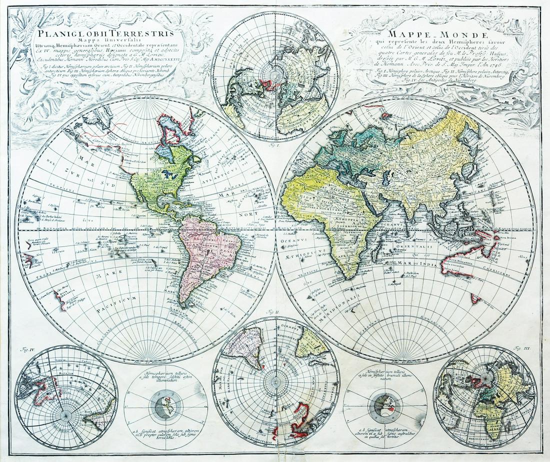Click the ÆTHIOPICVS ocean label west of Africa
[305, 253]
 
